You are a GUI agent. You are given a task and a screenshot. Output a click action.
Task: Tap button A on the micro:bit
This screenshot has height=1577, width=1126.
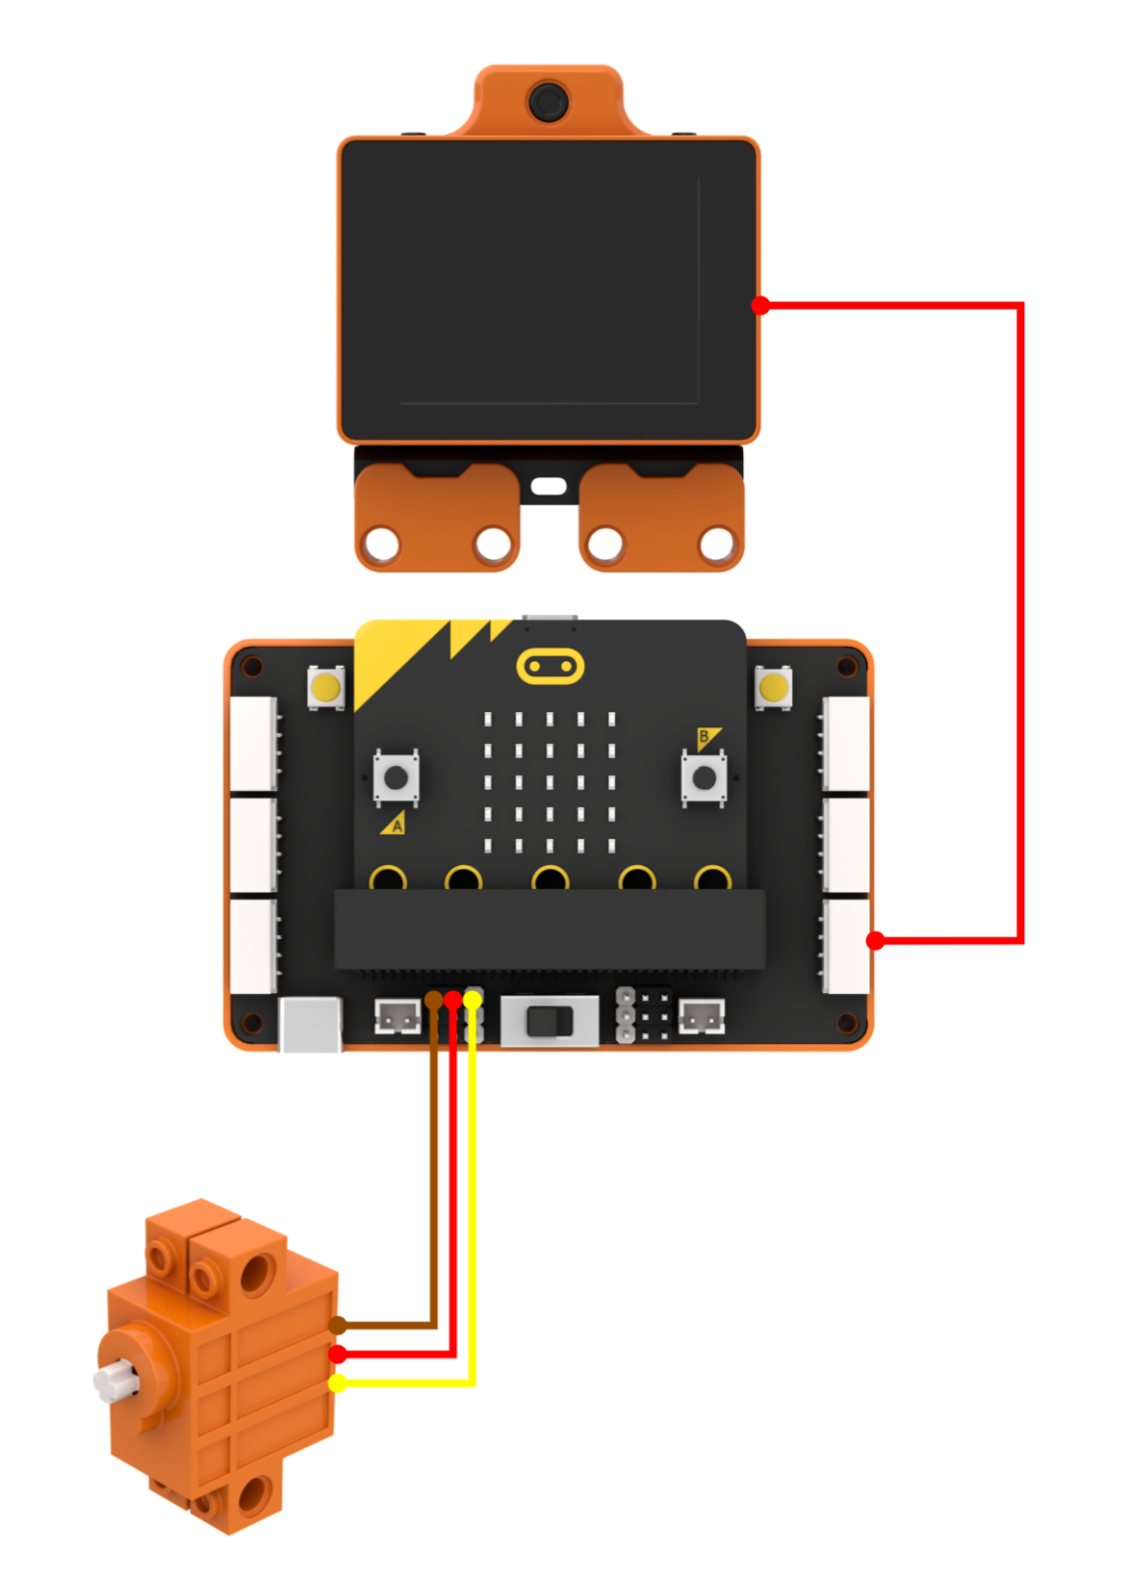tap(396, 777)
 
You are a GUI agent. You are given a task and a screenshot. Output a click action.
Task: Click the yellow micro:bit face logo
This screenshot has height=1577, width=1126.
tap(550, 666)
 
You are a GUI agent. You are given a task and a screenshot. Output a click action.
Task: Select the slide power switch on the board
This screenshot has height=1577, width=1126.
tap(550, 1021)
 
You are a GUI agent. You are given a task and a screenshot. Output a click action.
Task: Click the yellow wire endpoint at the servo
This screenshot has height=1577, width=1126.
tap(337, 1384)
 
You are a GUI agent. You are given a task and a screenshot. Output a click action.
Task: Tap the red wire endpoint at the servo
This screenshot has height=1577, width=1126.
tap(337, 1354)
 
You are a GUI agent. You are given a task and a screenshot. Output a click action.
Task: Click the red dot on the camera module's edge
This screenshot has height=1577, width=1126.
tap(760, 306)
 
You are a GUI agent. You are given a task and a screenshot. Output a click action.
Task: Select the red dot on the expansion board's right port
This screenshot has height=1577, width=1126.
tap(875, 941)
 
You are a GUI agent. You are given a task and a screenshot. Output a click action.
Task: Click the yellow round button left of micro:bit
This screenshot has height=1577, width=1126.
tap(325, 687)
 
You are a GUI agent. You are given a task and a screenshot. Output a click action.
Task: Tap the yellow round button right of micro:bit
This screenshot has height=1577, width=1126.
tap(773, 687)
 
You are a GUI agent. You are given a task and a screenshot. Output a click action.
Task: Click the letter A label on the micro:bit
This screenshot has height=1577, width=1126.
tap(397, 827)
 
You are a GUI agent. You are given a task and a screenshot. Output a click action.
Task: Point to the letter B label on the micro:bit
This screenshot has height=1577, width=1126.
tap(703, 737)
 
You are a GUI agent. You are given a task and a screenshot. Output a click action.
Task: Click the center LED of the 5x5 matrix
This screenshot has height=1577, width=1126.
tap(550, 782)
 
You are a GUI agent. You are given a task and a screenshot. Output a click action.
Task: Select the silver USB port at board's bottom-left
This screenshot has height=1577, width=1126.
tap(310, 1025)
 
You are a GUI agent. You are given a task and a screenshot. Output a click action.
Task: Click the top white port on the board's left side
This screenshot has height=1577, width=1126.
tap(253, 744)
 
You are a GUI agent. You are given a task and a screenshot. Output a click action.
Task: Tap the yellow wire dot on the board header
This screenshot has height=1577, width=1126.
tap(473, 999)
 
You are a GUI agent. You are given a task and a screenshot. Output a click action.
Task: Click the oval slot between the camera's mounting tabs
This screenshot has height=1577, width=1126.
tap(548, 486)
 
